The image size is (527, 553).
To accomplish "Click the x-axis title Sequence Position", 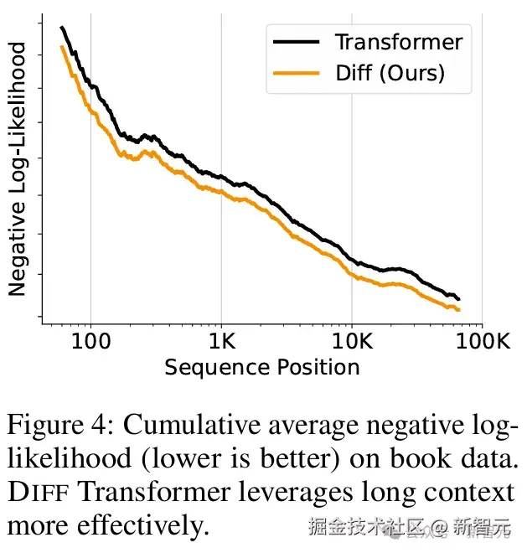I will (262, 367).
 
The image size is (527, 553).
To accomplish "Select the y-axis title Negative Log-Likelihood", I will (18, 171).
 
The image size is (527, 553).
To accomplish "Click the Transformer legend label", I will (398, 41).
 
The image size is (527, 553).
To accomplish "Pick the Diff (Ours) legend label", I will (390, 74).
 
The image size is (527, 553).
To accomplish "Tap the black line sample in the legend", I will (293, 41).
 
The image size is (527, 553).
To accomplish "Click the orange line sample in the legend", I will (293, 74).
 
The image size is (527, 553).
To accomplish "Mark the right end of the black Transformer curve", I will (459, 299).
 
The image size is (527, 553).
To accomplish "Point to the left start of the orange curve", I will (61, 47).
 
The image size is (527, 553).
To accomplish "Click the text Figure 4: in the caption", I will (59, 426).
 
